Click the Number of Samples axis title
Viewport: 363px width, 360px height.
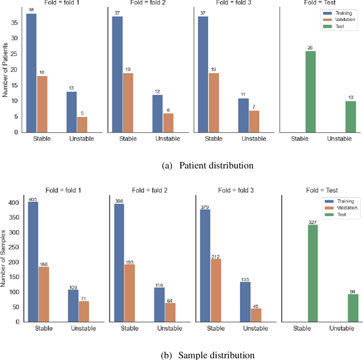coord(6,261)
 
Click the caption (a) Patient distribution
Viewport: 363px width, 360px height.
coord(207,165)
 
